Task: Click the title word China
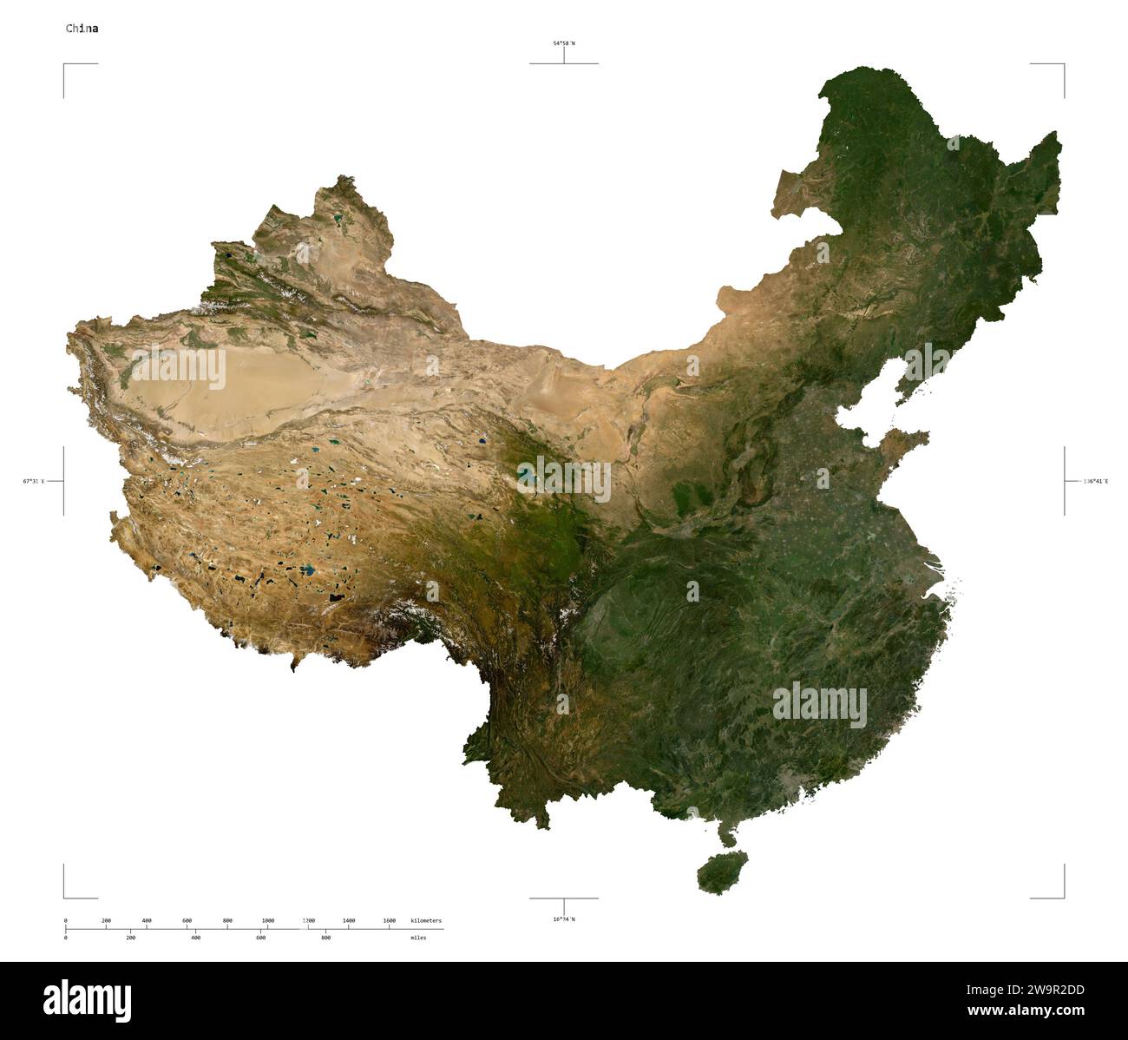82,29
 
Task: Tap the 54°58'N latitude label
564,43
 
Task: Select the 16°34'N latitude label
564,919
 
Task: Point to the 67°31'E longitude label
34,481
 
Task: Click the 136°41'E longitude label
1095,481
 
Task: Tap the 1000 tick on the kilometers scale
268,920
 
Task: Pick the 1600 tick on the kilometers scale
390,920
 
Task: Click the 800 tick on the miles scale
326,938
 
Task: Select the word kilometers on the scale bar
426,920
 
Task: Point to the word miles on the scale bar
418,938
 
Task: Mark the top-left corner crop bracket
65,65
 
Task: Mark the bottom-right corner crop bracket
1062,897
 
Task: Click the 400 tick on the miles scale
196,938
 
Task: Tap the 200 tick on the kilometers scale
106,920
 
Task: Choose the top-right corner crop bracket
1062,65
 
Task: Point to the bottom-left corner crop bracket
65,897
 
